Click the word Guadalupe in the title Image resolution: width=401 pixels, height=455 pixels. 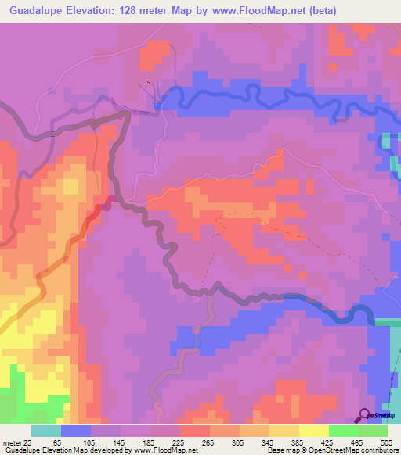point(42,11)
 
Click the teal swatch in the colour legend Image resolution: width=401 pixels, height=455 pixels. point(45,431)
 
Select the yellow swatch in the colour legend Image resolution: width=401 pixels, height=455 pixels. point(313,431)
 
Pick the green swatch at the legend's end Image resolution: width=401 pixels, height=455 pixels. point(373,431)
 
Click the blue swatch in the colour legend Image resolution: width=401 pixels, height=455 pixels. point(75,431)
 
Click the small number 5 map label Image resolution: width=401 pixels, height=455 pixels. point(149,82)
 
